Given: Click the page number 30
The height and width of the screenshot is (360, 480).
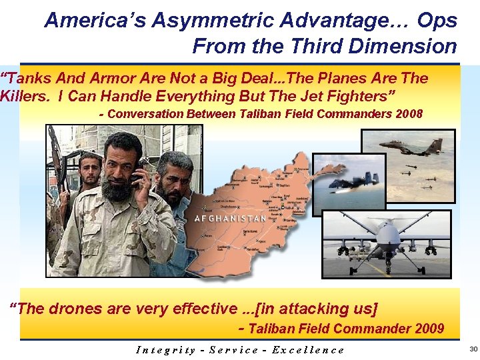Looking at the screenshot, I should tap(473, 349).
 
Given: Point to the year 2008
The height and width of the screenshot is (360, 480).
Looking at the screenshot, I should tap(408, 113).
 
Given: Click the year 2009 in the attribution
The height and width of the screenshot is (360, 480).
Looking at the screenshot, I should tap(429, 328).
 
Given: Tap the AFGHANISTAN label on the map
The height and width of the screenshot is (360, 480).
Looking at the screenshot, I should tap(230, 219).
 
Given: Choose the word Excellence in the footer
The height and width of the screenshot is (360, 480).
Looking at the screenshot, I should tap(311, 349).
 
